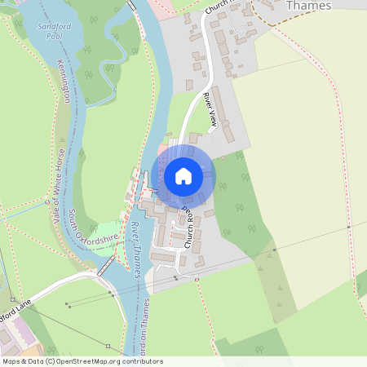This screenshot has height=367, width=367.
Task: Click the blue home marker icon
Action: [x=183, y=176]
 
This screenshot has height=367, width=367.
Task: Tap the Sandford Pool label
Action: [x=55, y=31]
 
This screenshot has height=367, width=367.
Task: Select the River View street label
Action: [x=210, y=110]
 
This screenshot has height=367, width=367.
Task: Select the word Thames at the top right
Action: [x=309, y=6]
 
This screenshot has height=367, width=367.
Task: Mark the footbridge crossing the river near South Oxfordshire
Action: [x=106, y=266]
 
